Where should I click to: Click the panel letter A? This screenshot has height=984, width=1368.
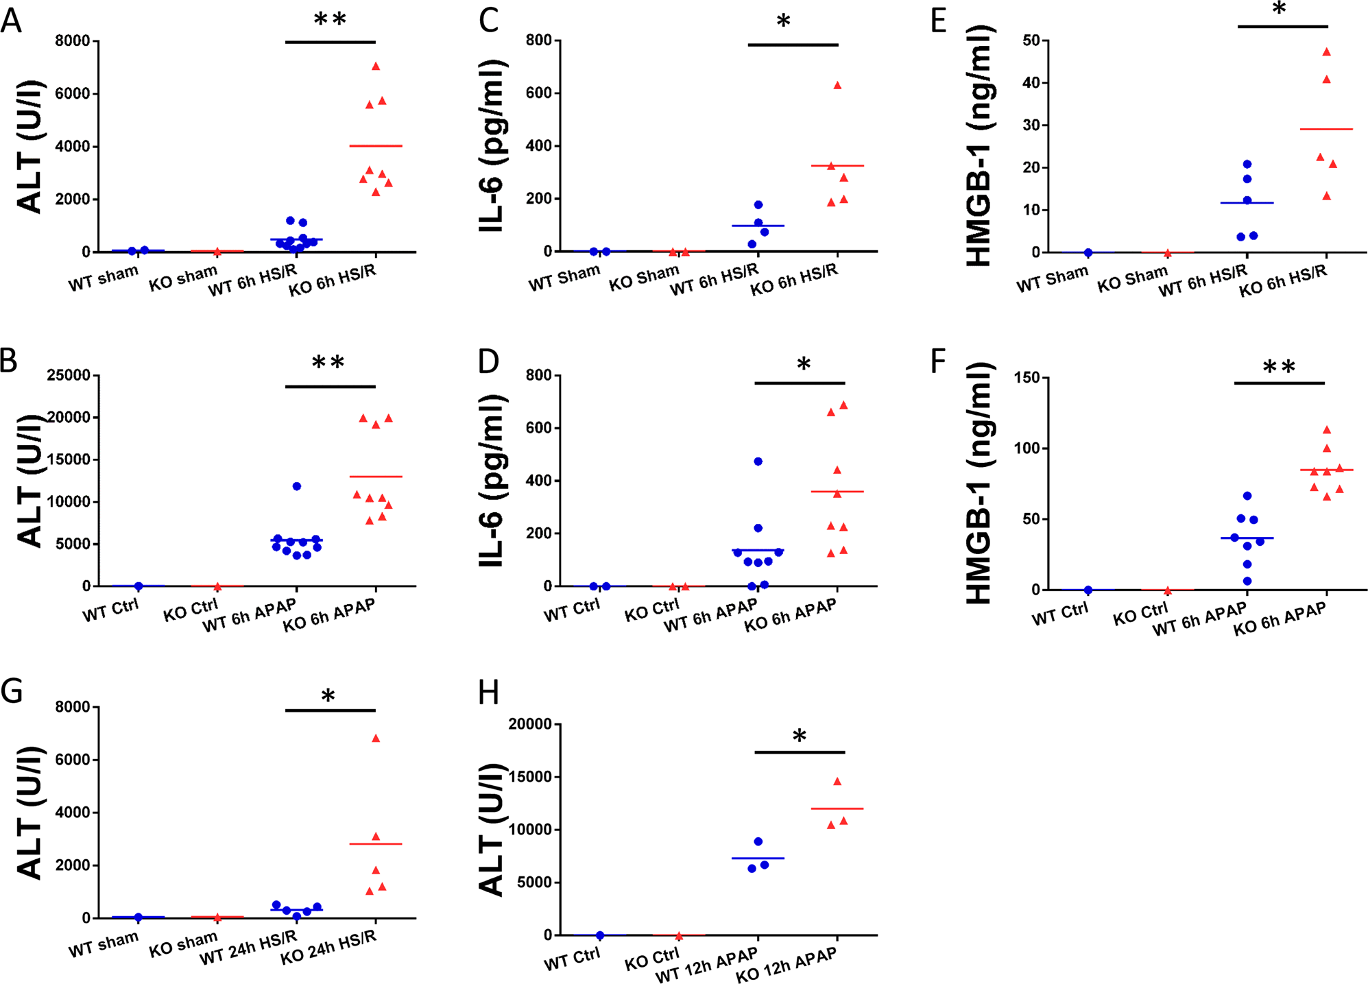click(12, 21)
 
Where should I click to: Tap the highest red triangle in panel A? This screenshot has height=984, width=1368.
click(376, 67)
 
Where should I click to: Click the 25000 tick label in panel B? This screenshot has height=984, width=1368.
click(69, 375)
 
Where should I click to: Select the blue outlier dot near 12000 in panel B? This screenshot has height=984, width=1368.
click(297, 486)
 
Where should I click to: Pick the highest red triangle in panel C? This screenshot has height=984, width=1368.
click(837, 86)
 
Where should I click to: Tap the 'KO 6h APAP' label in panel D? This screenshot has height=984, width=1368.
click(791, 614)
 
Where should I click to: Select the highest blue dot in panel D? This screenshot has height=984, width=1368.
click(758, 461)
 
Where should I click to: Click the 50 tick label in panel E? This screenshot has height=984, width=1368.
click(1031, 41)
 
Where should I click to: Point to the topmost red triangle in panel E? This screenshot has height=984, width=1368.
click(1327, 52)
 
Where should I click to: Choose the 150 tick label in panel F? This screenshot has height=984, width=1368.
click(1027, 378)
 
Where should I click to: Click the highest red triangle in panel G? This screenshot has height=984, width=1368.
click(376, 739)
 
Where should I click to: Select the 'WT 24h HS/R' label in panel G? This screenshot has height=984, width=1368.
click(248, 949)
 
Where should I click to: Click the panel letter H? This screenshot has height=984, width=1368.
click(488, 693)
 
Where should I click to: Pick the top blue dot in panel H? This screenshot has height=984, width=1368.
click(758, 841)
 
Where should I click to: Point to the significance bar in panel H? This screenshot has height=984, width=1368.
click(800, 752)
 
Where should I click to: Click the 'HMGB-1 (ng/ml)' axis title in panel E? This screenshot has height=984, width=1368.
click(979, 145)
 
